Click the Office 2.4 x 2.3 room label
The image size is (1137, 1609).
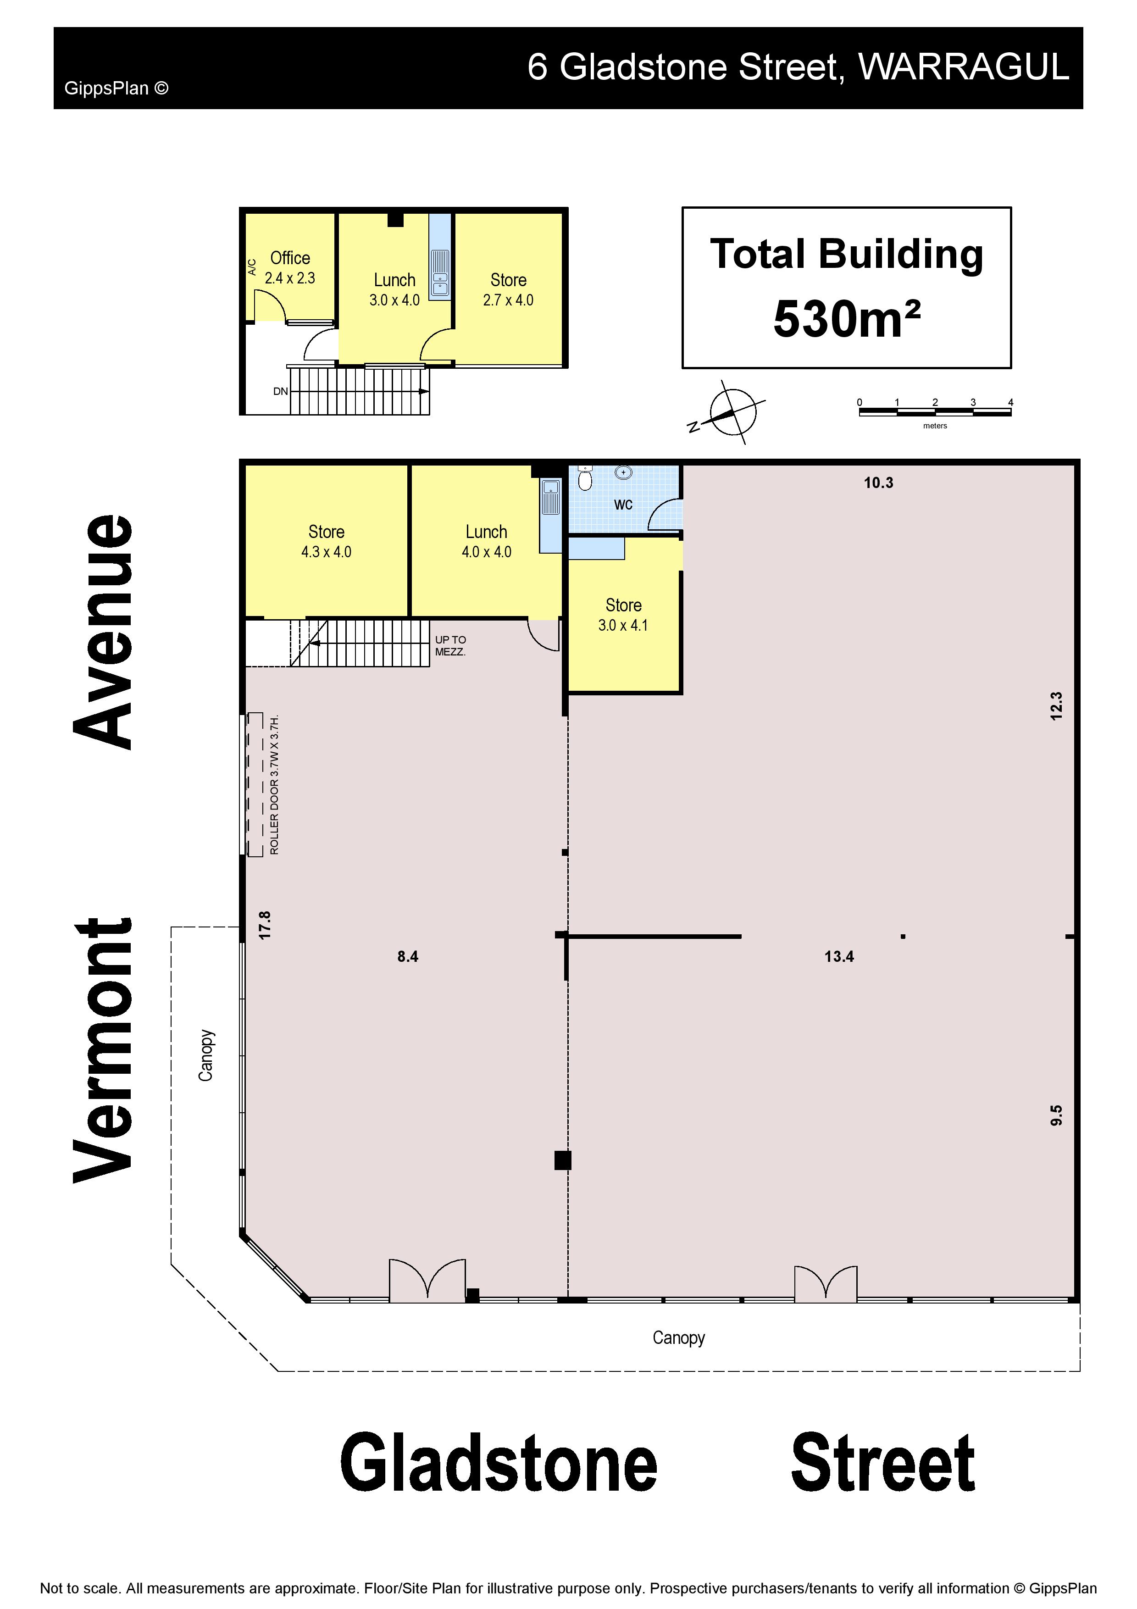[x=290, y=268]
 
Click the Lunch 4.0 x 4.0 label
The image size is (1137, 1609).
[x=486, y=542]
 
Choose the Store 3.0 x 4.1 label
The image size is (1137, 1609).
[x=623, y=615]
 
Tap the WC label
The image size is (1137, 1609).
[x=623, y=505]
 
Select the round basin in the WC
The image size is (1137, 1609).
[x=623, y=473]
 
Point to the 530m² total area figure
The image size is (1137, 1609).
[x=846, y=320]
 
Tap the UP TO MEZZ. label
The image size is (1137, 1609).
[x=450, y=645]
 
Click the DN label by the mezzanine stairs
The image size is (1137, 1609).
[x=280, y=391]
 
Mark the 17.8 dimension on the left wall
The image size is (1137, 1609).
[x=265, y=925]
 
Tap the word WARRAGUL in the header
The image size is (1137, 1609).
[x=964, y=67]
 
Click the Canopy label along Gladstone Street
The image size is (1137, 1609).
[x=678, y=1338]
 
